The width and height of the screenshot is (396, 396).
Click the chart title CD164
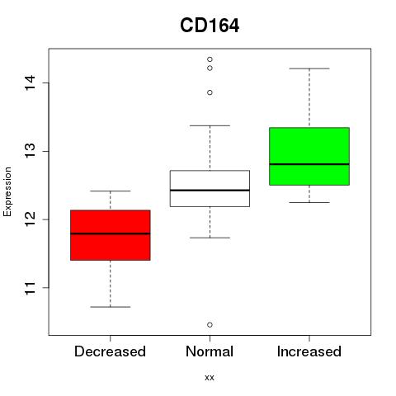(210, 26)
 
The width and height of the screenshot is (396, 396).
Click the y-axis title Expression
(7, 191)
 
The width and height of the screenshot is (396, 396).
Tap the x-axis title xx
(210, 377)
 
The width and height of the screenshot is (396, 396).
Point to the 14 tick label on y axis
(30, 82)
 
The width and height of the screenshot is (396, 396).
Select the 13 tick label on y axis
(30, 151)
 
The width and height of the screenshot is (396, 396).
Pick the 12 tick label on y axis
(30, 219)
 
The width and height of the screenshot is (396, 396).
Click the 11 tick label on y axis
(30, 288)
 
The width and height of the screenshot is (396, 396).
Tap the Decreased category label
(110, 351)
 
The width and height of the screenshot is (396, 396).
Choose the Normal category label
(210, 351)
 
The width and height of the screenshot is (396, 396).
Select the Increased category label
(309, 351)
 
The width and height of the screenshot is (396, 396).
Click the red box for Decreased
(111, 235)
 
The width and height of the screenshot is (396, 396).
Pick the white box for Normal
(210, 188)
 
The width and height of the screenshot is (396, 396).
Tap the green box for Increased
(309, 156)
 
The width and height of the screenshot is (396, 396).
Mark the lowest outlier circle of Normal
(210, 325)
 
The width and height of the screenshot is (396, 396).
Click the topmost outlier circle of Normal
(210, 59)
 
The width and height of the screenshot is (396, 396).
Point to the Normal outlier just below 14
(210, 92)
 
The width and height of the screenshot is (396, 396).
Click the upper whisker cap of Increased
(309, 68)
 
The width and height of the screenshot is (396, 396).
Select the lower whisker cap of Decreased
(111, 307)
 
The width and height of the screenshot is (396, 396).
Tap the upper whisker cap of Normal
(210, 125)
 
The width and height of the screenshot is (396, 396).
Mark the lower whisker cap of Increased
(309, 202)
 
